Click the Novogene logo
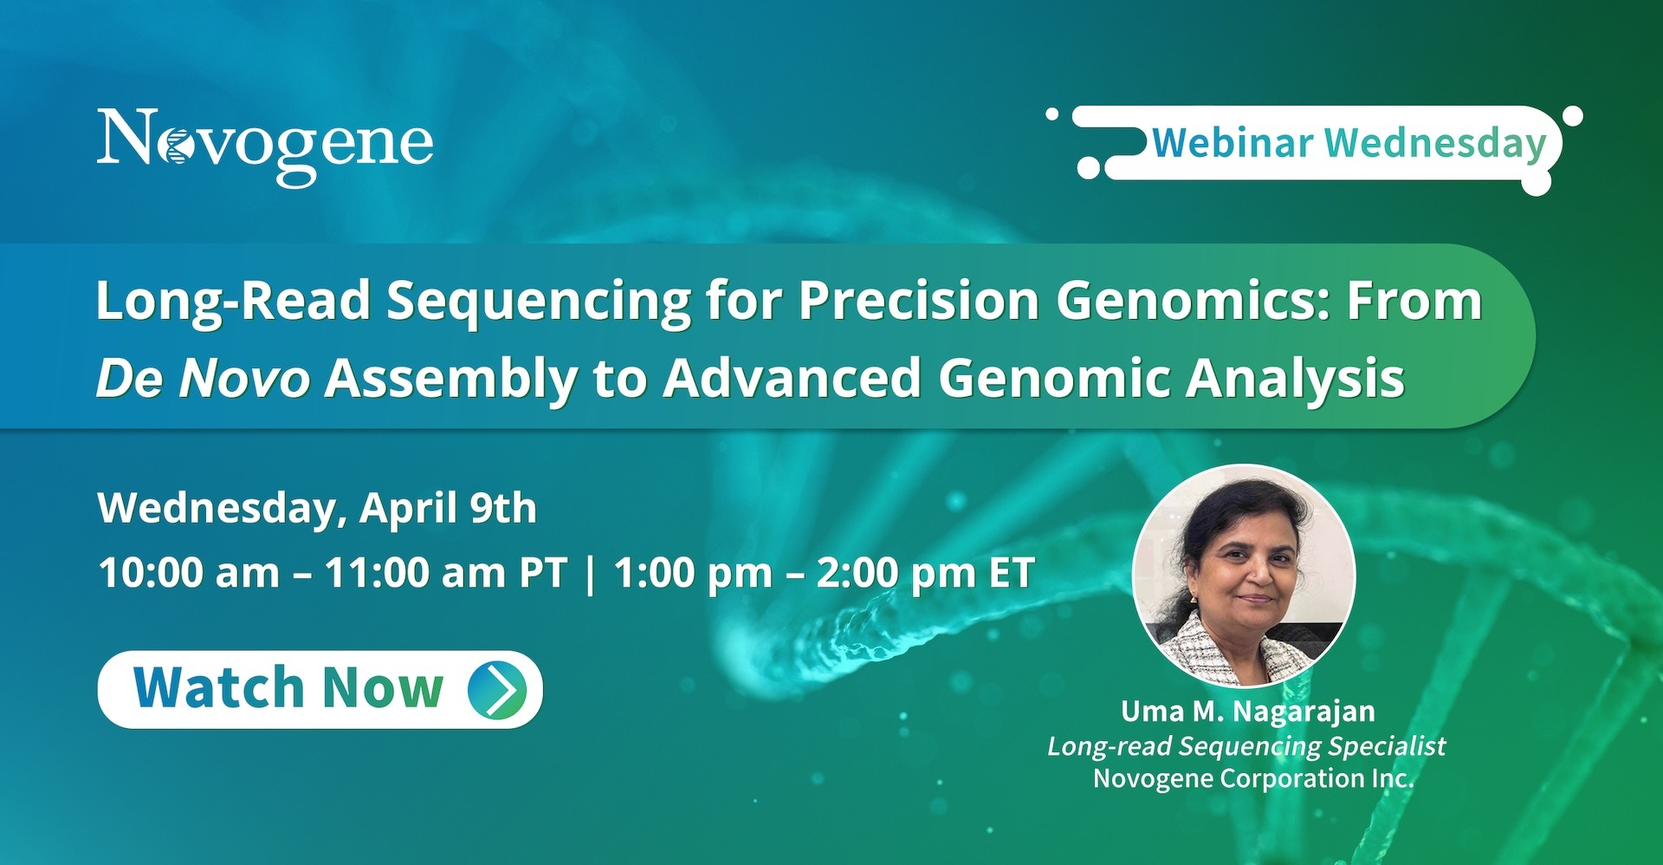[x=265, y=146]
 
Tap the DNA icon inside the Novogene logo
[x=178, y=146]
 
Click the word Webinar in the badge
[x=1233, y=143]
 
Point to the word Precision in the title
[x=918, y=301]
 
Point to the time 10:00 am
[x=189, y=573]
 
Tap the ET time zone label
[x=1012, y=573]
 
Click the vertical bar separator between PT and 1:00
[x=591, y=574]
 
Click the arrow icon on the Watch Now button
[x=497, y=689]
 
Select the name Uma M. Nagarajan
[x=1248, y=712]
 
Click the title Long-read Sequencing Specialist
[x=1246, y=746]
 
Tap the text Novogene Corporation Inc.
[x=1253, y=778]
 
